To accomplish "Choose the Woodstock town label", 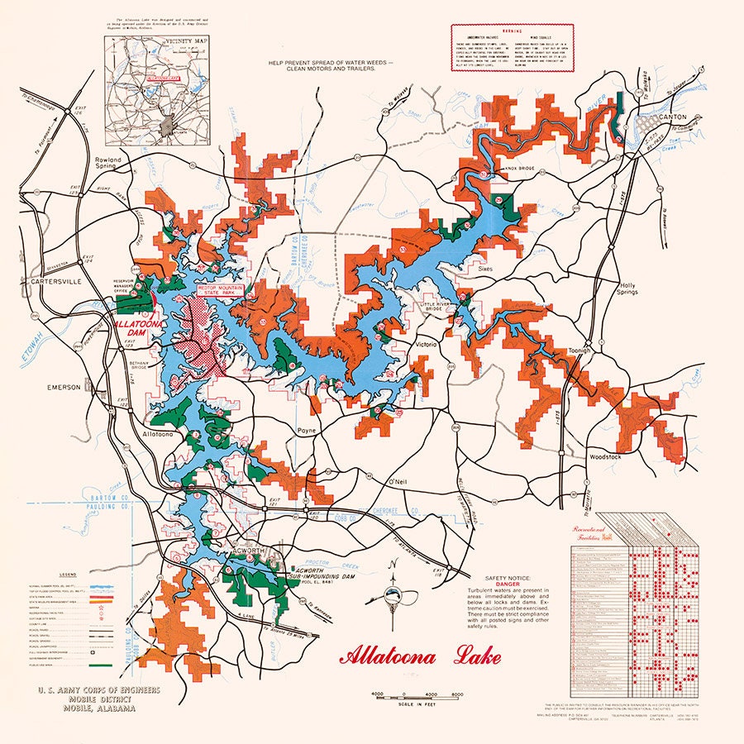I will (610, 457).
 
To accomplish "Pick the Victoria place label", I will (427, 344).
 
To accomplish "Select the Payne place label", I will (308, 431).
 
